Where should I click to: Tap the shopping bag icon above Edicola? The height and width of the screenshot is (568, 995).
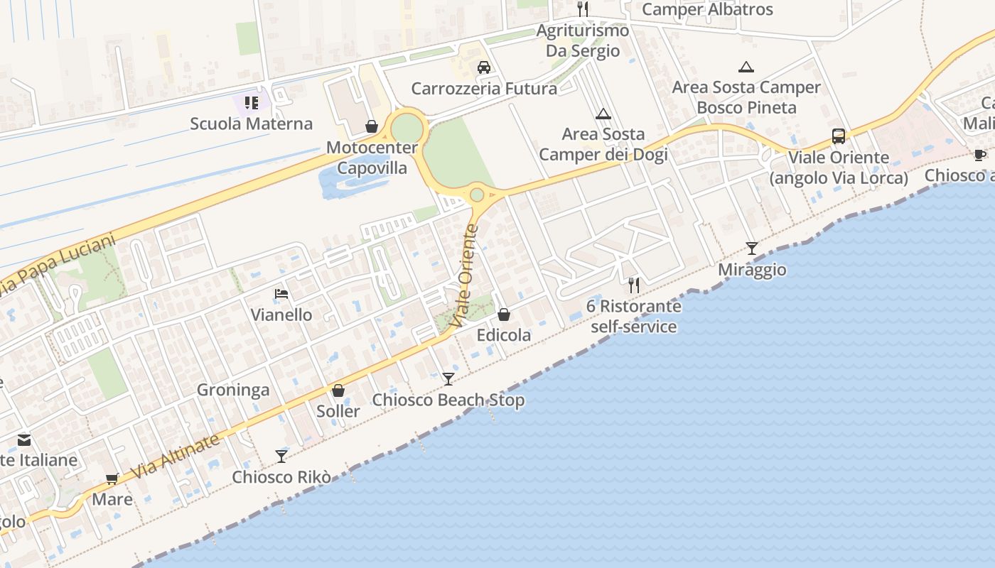point(504,314)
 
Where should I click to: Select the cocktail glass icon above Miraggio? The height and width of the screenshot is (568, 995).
point(752,248)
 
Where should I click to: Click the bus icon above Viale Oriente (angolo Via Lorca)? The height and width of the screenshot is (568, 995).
point(839,136)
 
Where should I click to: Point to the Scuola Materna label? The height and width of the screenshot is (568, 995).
point(251,124)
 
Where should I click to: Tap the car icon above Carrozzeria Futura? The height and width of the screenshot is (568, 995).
point(484,67)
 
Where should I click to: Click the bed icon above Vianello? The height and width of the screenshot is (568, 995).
point(281,294)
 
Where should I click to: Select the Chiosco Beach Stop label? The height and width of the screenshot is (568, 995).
point(448,400)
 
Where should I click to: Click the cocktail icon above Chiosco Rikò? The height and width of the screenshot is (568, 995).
point(281,456)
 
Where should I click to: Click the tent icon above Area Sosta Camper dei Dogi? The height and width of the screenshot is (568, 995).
point(603,114)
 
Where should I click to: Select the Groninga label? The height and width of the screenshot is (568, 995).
point(233,390)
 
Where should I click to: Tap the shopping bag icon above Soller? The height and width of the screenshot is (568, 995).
point(338,390)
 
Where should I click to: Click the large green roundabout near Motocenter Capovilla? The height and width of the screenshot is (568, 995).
point(407,128)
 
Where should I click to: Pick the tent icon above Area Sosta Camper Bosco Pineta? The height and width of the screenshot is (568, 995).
point(746,67)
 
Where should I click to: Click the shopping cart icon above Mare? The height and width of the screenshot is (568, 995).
point(112,479)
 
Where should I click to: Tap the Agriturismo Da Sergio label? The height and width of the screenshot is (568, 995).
point(583,40)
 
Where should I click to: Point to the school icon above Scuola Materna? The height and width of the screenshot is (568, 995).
point(251,103)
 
